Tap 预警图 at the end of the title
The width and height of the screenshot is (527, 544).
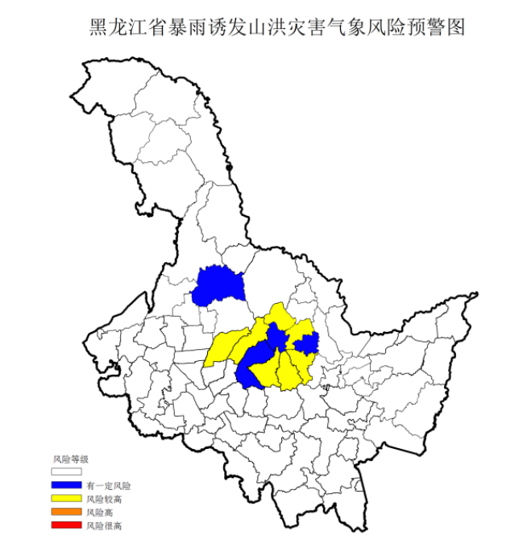[438, 27]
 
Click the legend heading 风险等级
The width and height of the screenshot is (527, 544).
[68, 459]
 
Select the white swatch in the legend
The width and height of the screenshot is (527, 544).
[66, 473]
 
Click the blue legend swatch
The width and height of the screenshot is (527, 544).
[66, 486]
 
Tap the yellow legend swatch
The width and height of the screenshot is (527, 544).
[66, 500]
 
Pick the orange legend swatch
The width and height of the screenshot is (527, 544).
[66, 513]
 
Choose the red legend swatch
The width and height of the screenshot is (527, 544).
[66, 525]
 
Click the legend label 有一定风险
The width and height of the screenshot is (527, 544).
[108, 487]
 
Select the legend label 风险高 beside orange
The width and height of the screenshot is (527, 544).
[100, 513]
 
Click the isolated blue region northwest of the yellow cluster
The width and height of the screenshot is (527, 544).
[216, 285]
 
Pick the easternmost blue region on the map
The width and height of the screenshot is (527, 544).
[307, 345]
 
